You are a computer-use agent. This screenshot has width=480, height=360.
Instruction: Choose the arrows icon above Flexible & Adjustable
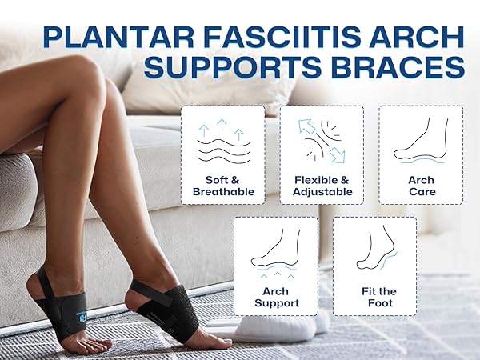(322, 141)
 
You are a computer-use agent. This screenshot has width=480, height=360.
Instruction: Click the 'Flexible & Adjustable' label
(322, 186)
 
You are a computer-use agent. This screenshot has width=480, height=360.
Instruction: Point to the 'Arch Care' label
(420, 186)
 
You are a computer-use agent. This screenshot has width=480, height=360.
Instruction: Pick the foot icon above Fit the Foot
(374, 250)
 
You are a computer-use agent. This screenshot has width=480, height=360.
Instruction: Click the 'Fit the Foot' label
(374, 297)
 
